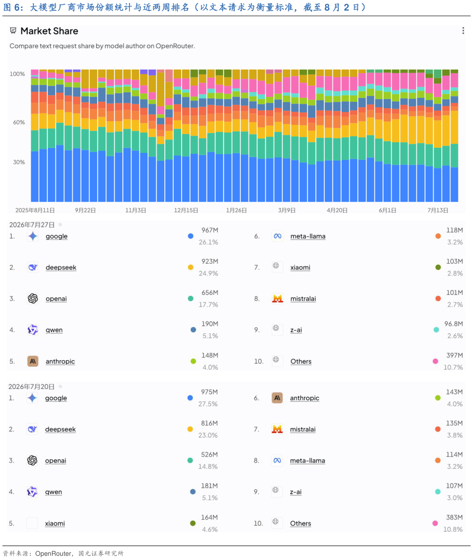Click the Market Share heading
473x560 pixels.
[49, 31]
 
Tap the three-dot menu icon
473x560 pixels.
[463, 31]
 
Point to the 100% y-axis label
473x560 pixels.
[17, 74]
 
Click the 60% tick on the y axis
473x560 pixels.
[19, 122]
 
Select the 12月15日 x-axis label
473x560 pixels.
[186, 210]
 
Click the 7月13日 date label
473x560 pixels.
[438, 210]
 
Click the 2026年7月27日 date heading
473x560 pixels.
[32, 225]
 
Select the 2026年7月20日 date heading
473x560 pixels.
[32, 386]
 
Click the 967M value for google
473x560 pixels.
[209, 230]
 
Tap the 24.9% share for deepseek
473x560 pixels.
[208, 273]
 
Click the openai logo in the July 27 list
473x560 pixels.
[33, 299]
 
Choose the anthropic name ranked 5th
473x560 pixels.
[60, 362]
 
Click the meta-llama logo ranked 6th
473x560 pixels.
[277, 236]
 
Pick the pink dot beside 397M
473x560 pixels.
[435, 361]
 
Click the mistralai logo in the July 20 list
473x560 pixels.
[277, 429]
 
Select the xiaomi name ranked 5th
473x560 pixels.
[55, 523]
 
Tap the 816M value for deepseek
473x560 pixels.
[209, 423]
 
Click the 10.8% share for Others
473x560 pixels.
[453, 529]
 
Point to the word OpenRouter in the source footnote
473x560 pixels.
[53, 553]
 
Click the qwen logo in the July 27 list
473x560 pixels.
[32, 330]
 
